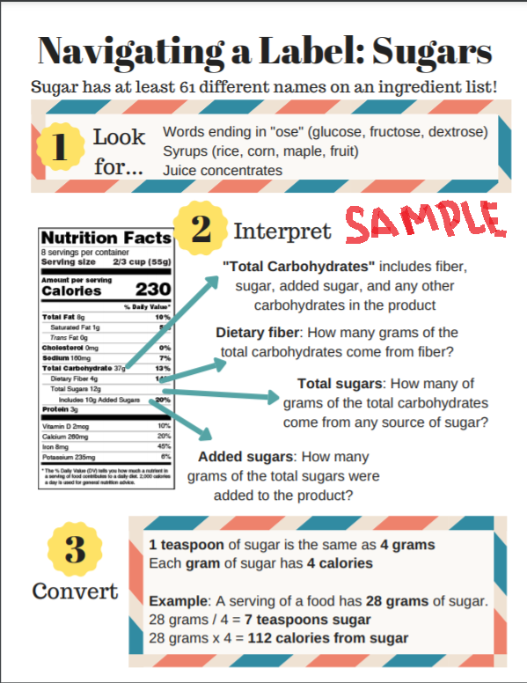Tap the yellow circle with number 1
(x=59, y=147)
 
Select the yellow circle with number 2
(x=201, y=231)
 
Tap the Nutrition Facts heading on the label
(x=106, y=239)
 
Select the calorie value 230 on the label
(x=152, y=290)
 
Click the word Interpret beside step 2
(x=282, y=231)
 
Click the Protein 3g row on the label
(x=61, y=409)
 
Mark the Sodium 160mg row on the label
(x=67, y=358)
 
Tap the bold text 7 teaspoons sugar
(x=290, y=620)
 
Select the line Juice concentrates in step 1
(x=223, y=170)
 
